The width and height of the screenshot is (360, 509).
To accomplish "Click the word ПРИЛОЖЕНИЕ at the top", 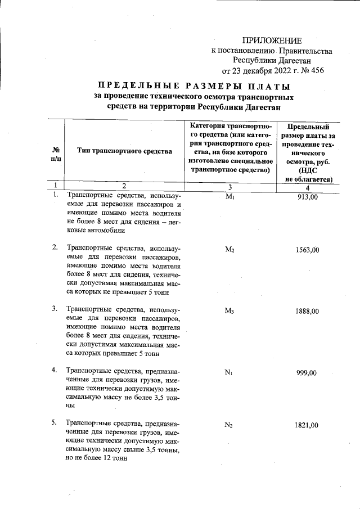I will pyautogui.click(x=272, y=40).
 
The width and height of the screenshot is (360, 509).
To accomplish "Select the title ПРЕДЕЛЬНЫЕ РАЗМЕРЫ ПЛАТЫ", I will pyautogui.click(x=194, y=87).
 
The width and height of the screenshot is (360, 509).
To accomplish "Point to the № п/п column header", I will pyautogui.click(x=56, y=155).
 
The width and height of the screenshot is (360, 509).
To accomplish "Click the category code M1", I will pyautogui.click(x=229, y=197).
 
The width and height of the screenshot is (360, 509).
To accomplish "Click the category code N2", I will pyautogui.click(x=229, y=426).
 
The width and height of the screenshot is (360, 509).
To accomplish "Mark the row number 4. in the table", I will pyautogui.click(x=55, y=370).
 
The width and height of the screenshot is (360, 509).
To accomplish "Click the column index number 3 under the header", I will pyautogui.click(x=229, y=186).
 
